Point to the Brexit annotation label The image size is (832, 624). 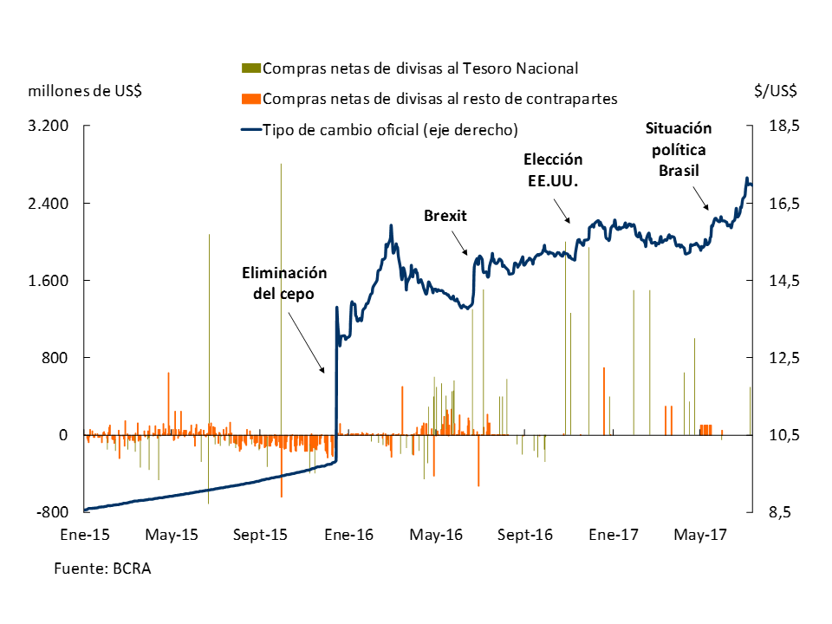[x=445, y=216]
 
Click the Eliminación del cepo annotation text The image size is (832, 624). [x=283, y=283]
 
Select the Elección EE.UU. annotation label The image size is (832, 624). [x=553, y=171]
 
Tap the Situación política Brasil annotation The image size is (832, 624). [x=679, y=149]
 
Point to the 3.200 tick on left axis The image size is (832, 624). [x=49, y=127]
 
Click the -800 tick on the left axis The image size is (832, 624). [x=52, y=512]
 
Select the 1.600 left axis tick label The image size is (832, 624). [x=49, y=281]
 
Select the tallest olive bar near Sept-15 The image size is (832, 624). [x=281, y=260]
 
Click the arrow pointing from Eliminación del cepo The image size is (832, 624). [x=307, y=339]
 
